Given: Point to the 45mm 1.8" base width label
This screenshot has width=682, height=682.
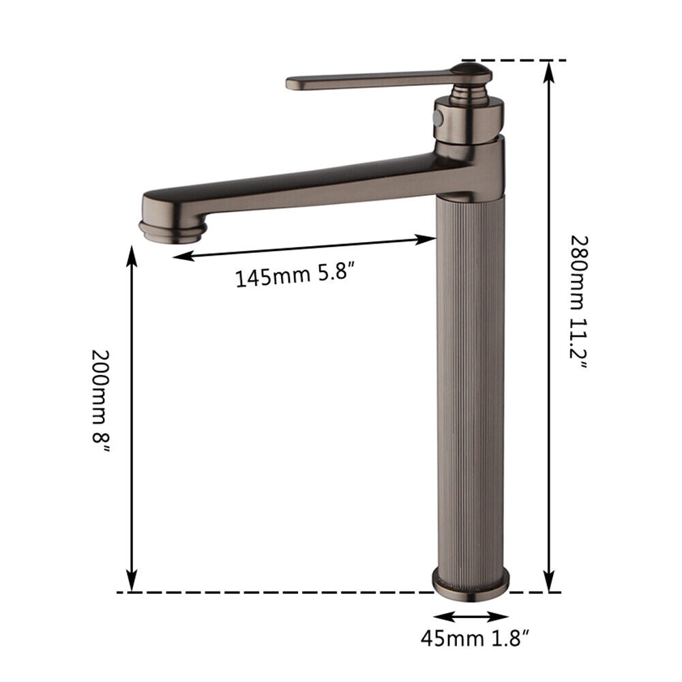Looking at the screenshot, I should pos(475,639).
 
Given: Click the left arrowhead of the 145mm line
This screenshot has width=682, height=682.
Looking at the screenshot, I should pos(179,256).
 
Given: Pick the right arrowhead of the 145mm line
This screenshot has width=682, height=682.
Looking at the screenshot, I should pos(430,239).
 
